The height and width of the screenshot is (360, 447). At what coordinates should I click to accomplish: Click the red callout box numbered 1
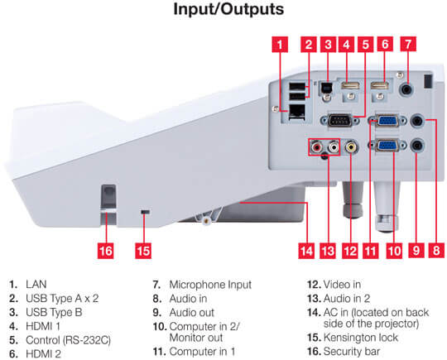point(280,45)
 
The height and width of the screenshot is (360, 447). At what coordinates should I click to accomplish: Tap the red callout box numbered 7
point(408,44)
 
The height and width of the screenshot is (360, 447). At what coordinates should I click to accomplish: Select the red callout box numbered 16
point(105,251)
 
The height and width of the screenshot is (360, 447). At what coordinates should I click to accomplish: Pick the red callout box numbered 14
point(306,251)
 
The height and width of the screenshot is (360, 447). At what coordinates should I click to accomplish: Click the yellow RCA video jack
point(352,147)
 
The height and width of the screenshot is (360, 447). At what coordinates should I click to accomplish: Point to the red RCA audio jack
point(316,147)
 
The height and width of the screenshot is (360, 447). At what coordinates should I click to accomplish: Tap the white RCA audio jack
point(334,147)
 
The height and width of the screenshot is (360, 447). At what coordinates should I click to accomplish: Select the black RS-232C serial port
point(339,120)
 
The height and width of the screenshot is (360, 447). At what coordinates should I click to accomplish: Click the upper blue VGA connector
point(387,120)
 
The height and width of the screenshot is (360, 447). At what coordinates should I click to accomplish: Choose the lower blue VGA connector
point(387,146)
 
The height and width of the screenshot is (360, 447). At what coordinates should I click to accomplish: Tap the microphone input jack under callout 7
point(407,90)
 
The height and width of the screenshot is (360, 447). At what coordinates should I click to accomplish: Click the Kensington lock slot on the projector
point(146,212)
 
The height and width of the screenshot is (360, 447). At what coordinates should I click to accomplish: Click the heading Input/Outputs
point(228,9)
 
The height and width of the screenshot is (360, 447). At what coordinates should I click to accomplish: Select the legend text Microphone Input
point(210,285)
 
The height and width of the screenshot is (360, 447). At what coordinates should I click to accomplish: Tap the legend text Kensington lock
point(361,338)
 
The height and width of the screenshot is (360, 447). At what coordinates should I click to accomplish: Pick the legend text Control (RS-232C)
point(68,340)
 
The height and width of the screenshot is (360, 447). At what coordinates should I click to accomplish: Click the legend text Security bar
point(352,352)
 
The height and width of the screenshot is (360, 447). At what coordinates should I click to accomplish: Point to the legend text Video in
point(342,284)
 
